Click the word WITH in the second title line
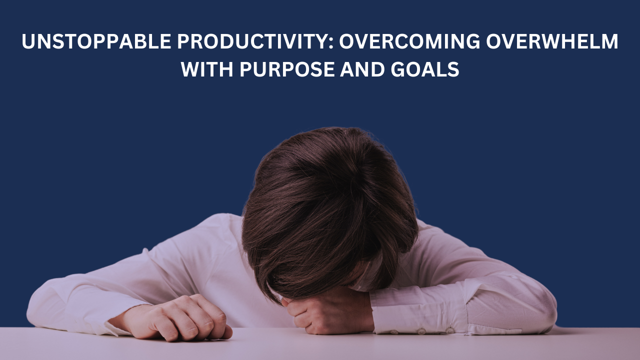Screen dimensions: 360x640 click(x=206, y=69)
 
